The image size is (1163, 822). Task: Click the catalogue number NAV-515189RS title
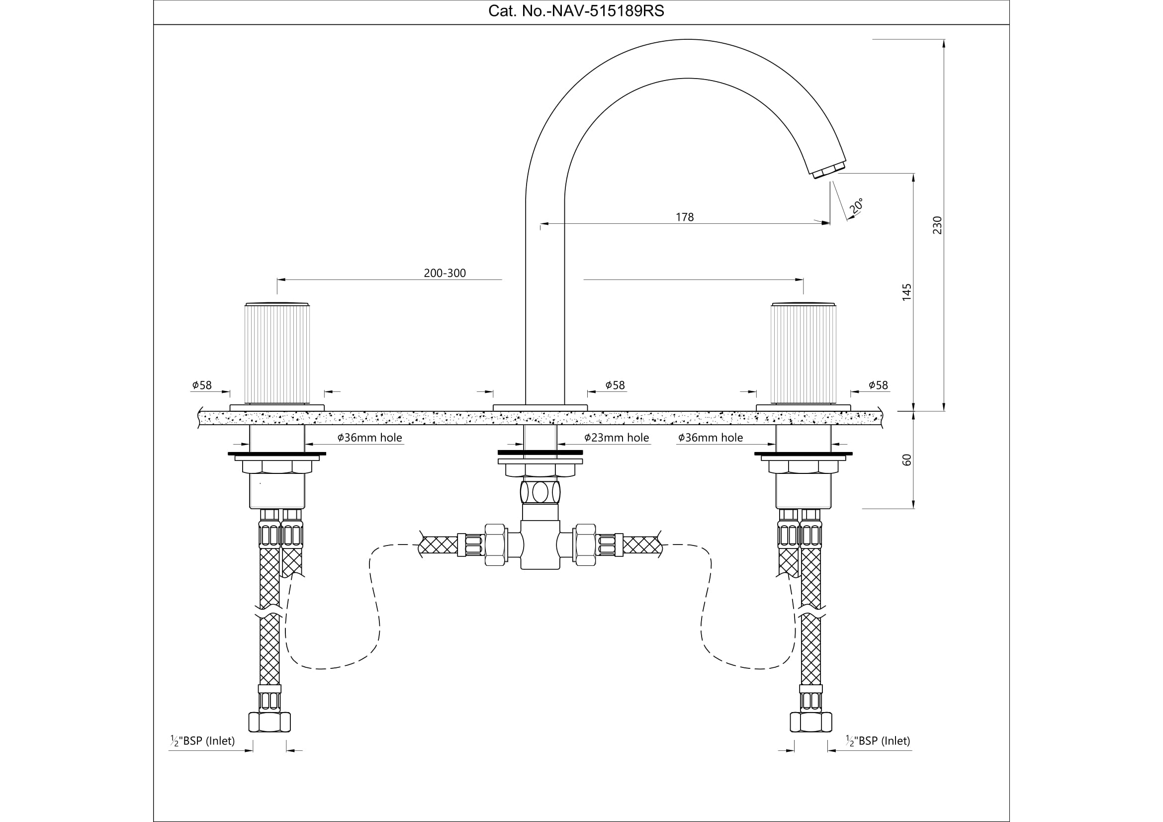[x=576, y=11]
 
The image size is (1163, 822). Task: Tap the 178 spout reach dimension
[x=684, y=217]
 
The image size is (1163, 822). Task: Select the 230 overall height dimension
[x=937, y=225]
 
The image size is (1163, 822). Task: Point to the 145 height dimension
[x=907, y=292]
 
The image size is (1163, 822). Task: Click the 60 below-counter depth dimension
[x=907, y=460]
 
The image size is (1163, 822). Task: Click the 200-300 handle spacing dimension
[x=445, y=273]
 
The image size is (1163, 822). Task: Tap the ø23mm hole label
[x=617, y=438]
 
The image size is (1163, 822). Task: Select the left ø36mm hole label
[x=370, y=438]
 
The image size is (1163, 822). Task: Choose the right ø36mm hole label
[x=710, y=438]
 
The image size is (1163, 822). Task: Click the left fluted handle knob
[x=277, y=354]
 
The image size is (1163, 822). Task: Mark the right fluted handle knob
[x=803, y=354]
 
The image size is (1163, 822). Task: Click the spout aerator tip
[x=829, y=170]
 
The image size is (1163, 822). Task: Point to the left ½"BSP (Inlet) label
[x=202, y=741]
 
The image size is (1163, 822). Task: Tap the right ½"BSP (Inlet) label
[x=878, y=741]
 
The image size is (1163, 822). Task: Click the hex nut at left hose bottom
[x=269, y=722]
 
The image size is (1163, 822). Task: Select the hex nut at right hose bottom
[x=810, y=722]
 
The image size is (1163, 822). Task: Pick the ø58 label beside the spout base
[x=615, y=385]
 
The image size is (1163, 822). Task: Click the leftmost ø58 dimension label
[x=201, y=385]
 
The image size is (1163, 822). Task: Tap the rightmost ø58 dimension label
[x=878, y=385]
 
